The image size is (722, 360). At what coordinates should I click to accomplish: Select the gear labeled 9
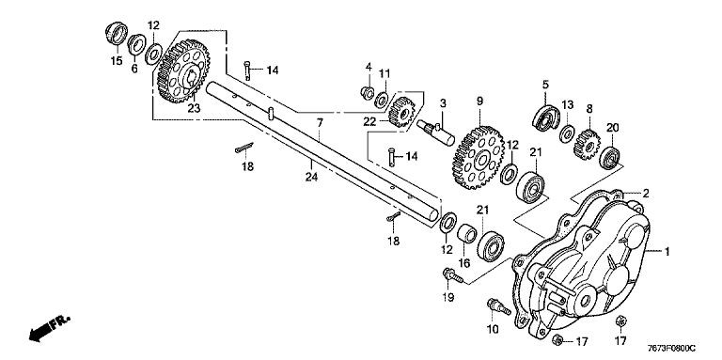pos(479,157)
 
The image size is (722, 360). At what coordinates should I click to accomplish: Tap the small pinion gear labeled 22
pos(401,111)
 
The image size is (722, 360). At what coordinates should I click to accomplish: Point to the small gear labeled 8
pos(587,144)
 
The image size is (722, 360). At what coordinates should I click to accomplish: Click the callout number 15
pos(117,60)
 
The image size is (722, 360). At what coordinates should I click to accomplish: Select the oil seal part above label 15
pos(117,33)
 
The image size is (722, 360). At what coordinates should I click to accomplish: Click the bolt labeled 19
pos(451,275)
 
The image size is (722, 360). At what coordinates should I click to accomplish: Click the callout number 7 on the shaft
pos(320,123)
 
